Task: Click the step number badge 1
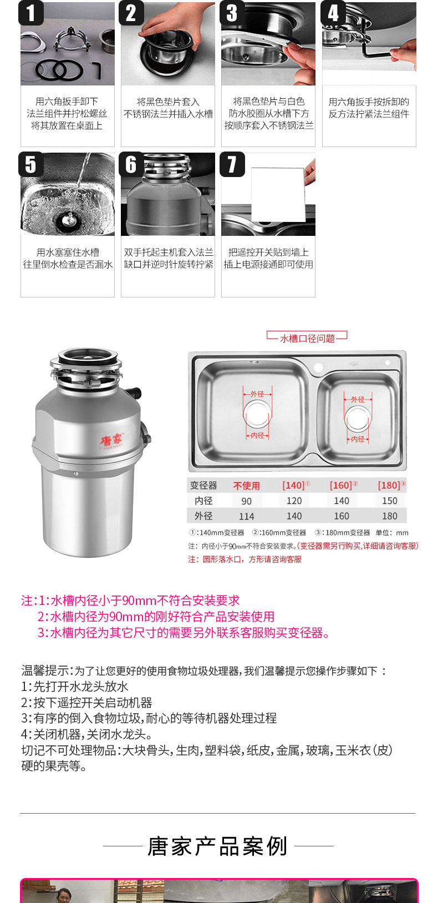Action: click(x=30, y=13)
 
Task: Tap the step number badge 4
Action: click(x=333, y=13)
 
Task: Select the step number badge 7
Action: click(x=232, y=164)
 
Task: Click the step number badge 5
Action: click(x=30, y=164)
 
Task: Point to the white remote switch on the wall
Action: click(x=278, y=195)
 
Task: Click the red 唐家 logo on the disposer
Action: click(x=111, y=440)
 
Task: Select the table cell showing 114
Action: click(x=246, y=516)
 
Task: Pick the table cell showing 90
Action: click(x=246, y=501)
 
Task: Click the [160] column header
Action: click(x=343, y=485)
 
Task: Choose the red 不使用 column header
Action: click(x=246, y=486)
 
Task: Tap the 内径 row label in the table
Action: click(x=203, y=501)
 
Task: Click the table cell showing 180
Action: click(x=390, y=516)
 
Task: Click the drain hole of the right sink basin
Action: click(x=358, y=418)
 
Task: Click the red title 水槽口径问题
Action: click(x=308, y=339)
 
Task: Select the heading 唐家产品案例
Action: click(x=217, y=846)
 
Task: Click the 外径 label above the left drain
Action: click(x=257, y=394)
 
